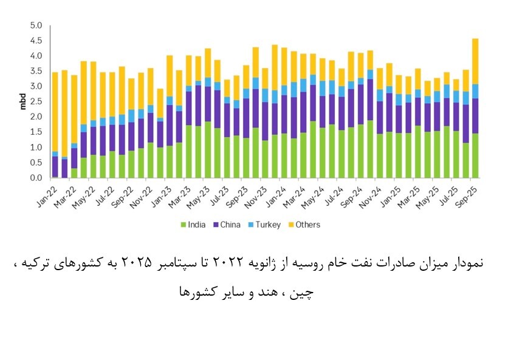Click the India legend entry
coord(193,225)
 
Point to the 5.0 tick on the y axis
coord(35,26)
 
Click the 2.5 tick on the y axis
coord(35,102)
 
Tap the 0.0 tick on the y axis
coord(35,178)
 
